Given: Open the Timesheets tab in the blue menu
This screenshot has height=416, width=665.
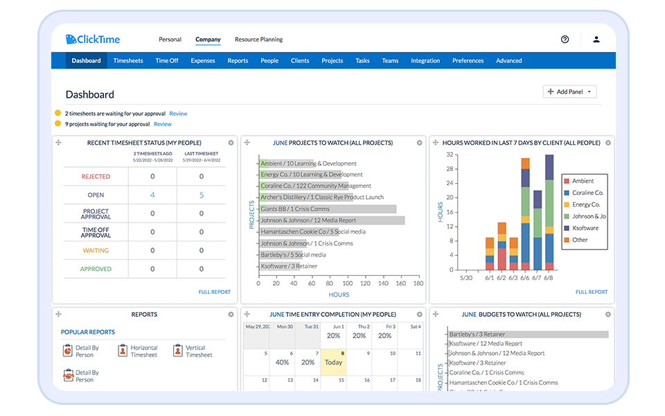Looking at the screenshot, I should coord(128,61).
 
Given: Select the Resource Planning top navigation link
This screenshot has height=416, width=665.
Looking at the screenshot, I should coord(258,40).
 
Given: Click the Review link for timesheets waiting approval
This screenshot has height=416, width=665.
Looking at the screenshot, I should coord(178,114).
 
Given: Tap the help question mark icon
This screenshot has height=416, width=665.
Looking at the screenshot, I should coord(565,40).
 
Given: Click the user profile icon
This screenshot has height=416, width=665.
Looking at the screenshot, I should coord(596,40).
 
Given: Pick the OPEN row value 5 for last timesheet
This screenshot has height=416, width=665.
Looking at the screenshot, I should coord(202,196).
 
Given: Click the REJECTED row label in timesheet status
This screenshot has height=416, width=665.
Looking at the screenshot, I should coord(96,177).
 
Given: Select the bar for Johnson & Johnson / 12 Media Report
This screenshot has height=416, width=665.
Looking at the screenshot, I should coord(332,220).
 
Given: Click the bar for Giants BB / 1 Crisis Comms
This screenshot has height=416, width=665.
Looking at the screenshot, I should coord(328,209).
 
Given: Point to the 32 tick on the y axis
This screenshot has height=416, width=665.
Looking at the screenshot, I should coord(450,155).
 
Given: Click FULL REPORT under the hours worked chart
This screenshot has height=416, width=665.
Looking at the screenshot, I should coord(591,292).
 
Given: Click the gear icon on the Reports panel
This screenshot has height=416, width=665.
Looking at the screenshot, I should coord(231,315).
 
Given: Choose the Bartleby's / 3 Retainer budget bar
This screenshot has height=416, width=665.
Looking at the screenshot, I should coord(528,334).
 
